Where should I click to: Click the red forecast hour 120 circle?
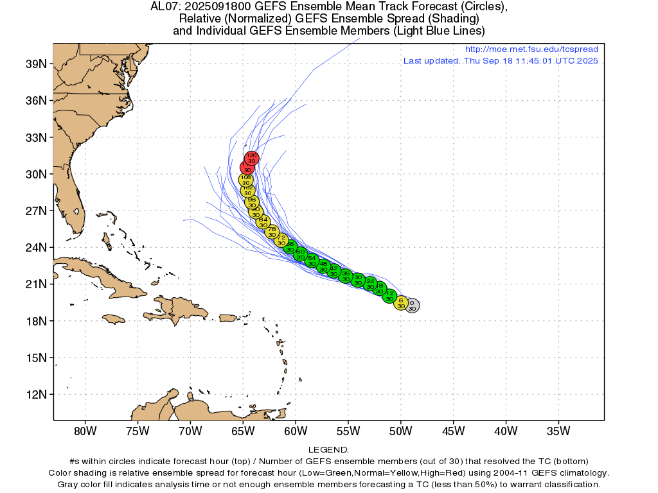[x=252, y=158]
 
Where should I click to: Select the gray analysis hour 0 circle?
[x=412, y=306]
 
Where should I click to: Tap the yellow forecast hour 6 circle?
[x=401, y=303]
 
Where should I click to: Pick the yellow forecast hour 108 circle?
[x=245, y=180]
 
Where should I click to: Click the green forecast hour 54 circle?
[x=312, y=261]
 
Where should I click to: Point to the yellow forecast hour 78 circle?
[x=272, y=232]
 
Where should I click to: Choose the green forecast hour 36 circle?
[x=346, y=276]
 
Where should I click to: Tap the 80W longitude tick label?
[x=85, y=430]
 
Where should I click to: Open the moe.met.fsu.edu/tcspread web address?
[x=531, y=49]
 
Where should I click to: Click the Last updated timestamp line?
[x=501, y=61]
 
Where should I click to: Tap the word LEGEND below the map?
[x=328, y=451]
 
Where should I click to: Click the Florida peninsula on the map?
[x=75, y=205]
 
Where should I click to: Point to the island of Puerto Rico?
[x=229, y=318]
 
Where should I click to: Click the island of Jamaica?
[x=114, y=318]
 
